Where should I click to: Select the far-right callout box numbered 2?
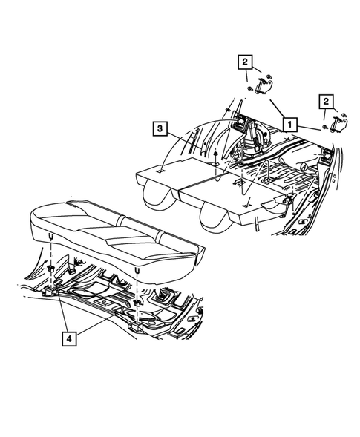click(325, 100)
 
